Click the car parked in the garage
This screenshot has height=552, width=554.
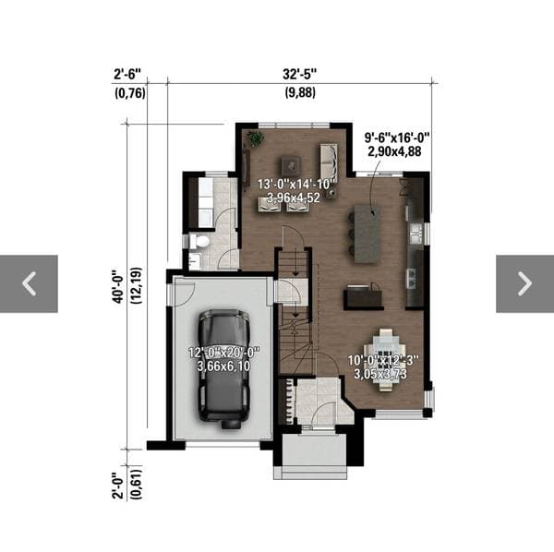[223, 368]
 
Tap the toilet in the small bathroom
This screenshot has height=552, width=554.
[200, 242]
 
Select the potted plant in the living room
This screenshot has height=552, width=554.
[255, 138]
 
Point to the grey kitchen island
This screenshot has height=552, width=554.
[367, 234]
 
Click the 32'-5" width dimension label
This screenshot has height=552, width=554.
[299, 75]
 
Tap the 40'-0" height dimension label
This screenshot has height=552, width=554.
[118, 286]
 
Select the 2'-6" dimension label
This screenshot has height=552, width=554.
[127, 75]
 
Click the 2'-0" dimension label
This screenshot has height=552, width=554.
[118, 486]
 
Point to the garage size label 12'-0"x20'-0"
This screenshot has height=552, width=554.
[224, 353]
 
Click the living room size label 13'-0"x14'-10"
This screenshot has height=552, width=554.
[296, 185]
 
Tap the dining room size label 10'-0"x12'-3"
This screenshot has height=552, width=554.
[383, 361]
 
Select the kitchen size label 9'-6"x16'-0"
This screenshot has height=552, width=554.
[397, 138]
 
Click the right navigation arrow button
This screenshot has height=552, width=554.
[524, 283]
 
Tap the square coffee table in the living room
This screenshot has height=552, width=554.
[291, 164]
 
